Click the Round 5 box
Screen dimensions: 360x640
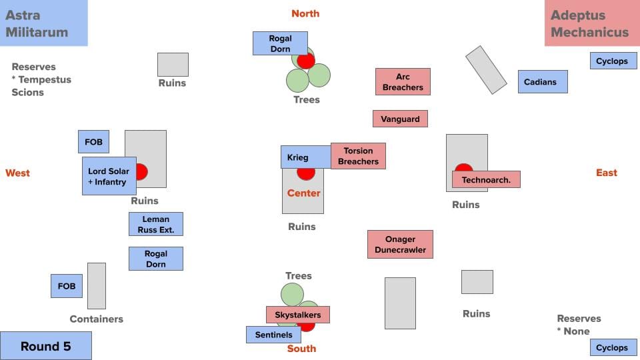click(45, 346)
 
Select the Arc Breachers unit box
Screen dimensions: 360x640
click(403, 82)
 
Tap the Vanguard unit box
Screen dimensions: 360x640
click(400, 119)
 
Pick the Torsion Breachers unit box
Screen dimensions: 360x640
click(358, 156)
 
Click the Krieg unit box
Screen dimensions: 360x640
click(305, 157)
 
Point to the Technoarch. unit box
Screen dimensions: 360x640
click(486, 179)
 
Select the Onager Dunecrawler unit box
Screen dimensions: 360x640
click(400, 245)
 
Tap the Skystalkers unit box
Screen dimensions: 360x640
click(298, 315)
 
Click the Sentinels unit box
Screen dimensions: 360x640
click(273, 335)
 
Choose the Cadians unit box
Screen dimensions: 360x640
click(543, 82)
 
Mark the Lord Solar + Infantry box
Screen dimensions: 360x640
click(109, 176)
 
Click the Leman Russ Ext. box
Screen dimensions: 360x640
click(155, 224)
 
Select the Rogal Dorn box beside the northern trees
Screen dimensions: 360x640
click(280, 43)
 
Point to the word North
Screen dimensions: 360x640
click(305, 13)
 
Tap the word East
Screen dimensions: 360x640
click(607, 173)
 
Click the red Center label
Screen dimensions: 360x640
click(304, 193)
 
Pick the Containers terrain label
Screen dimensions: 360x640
click(97, 319)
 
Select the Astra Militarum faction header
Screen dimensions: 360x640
click(44, 23)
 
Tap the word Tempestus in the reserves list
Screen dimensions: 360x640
click(45, 79)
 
